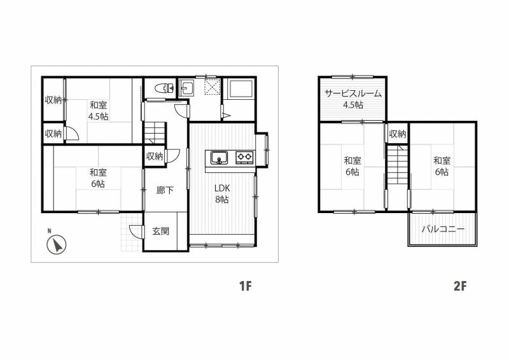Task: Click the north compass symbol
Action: (x=57, y=244)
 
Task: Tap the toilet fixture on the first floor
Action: (x=165, y=88)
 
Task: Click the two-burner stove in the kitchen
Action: (x=244, y=158)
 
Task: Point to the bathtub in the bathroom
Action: (x=241, y=88)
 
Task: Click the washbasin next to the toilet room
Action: (x=186, y=87)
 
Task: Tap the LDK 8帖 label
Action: (x=222, y=194)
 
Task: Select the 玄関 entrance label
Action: (x=161, y=232)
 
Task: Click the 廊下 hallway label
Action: (x=165, y=190)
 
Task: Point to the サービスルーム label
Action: (x=353, y=93)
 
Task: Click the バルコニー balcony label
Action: (x=443, y=229)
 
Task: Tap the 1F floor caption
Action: (x=245, y=286)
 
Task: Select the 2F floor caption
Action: (x=460, y=286)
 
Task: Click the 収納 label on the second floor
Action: (x=398, y=134)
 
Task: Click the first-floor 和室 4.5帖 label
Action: (x=99, y=111)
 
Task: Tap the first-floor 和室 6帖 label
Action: (x=98, y=178)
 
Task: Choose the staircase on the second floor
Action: (x=397, y=165)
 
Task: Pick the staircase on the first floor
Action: (x=155, y=133)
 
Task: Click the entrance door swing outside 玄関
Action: (x=136, y=232)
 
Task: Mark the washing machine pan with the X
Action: (x=213, y=87)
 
